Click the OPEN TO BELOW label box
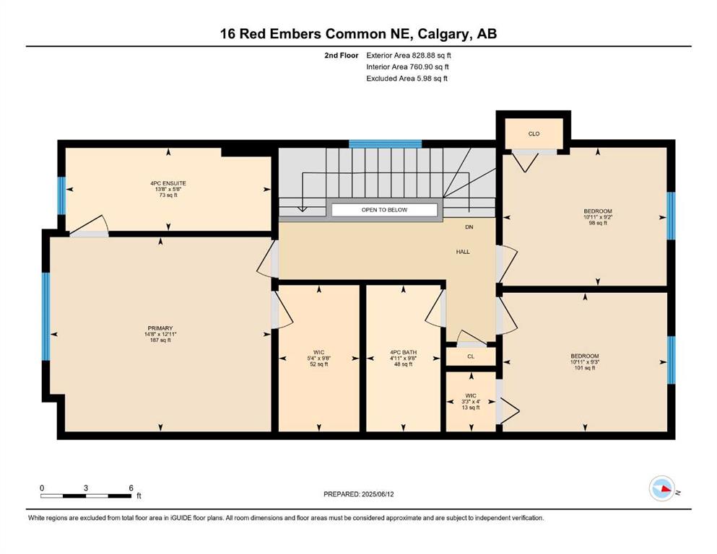click(384, 210)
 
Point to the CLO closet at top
click(534, 134)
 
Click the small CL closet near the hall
click(471, 356)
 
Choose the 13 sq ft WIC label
click(471, 402)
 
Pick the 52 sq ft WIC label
click(318, 358)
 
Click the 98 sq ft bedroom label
click(598, 217)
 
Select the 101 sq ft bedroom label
click(585, 361)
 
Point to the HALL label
click(463, 252)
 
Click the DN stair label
click(469, 227)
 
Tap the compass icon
click(662, 488)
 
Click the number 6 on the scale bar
click(131, 488)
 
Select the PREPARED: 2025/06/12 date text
click(358, 494)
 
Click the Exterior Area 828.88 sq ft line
click(409, 56)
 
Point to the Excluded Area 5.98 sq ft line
click(407, 78)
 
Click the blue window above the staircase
click(385, 144)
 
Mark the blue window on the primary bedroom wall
click(45, 317)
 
